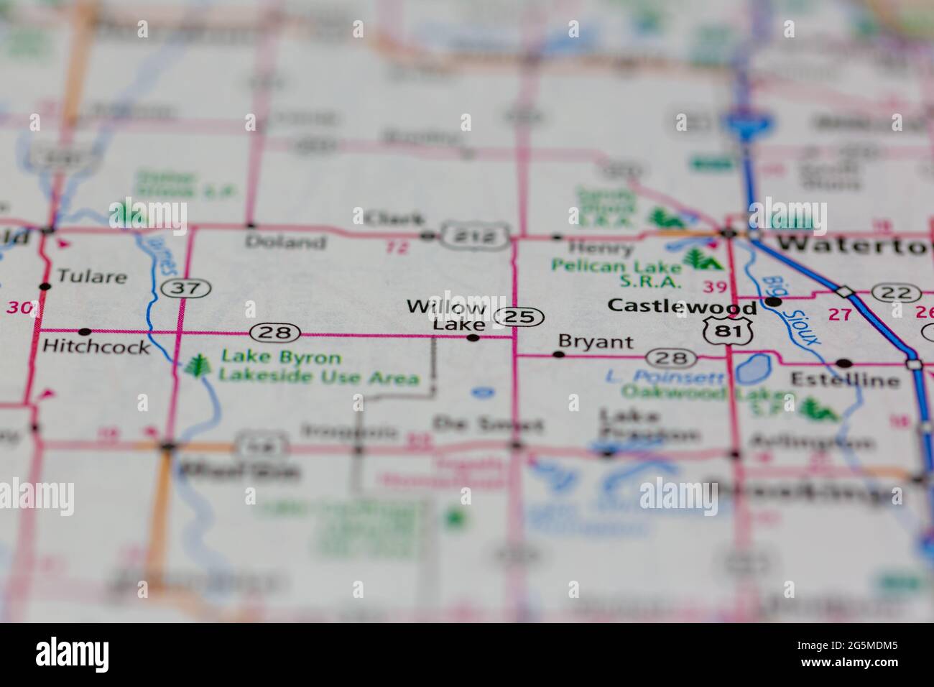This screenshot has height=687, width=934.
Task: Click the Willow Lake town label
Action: pyautogui.click(x=447, y=315)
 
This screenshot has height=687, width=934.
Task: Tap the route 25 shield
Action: pyautogui.click(x=519, y=316)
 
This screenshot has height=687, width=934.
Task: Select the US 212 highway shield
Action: pyautogui.click(x=476, y=236)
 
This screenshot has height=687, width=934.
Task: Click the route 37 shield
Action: pyautogui.click(x=186, y=288)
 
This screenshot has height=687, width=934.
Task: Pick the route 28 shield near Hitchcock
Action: pyautogui.click(x=274, y=332)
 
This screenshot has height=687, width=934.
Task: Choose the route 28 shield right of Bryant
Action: pyautogui.click(x=670, y=357)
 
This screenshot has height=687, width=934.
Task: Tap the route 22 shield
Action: pyautogui.click(x=896, y=293)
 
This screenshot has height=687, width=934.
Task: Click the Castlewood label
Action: pyautogui.click(x=681, y=306)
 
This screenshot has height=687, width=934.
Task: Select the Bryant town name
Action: pyautogui.click(x=596, y=342)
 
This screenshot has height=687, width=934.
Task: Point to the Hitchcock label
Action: pyautogui.click(x=96, y=346)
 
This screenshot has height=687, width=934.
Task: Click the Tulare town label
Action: pyautogui.click(x=91, y=277)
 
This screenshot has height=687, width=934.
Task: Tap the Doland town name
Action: pyautogui.click(x=285, y=242)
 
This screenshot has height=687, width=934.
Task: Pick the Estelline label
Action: pyautogui.click(x=845, y=379)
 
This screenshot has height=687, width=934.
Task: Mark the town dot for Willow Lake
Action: pyautogui.click(x=473, y=337)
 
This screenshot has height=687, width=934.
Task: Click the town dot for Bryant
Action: pyautogui.click(x=558, y=354)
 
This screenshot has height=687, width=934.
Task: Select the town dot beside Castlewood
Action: pyautogui.click(x=773, y=303)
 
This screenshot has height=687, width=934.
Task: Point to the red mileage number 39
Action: pyautogui.click(x=714, y=287)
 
